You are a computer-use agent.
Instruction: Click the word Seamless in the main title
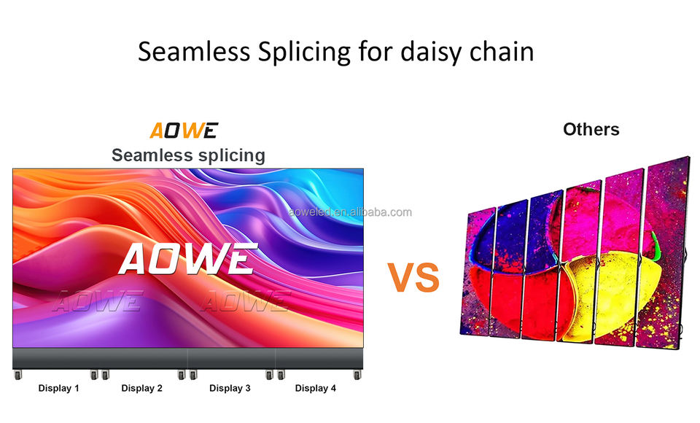point(194,51)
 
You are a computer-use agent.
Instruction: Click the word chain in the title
point(502,51)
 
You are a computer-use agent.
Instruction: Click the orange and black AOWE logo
point(184,131)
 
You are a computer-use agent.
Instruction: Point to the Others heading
point(591,130)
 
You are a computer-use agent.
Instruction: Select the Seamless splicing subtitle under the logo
point(188,155)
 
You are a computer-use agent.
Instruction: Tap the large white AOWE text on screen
point(188,259)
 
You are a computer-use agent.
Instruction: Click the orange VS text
point(413,277)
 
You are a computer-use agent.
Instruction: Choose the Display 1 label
point(58,388)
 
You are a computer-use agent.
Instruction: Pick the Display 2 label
point(142,388)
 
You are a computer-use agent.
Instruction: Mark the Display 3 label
point(230,388)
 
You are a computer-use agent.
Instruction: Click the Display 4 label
point(316,388)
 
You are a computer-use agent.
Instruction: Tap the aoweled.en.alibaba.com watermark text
point(350,212)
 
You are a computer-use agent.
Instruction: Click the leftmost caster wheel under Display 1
point(17,375)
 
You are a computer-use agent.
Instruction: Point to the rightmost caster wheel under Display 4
point(357,375)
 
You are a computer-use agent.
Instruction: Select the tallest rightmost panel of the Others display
point(664,253)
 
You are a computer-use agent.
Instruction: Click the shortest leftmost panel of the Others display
point(478,271)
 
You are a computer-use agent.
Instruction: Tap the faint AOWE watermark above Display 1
point(98,300)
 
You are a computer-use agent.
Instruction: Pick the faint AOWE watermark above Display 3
point(245,300)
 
